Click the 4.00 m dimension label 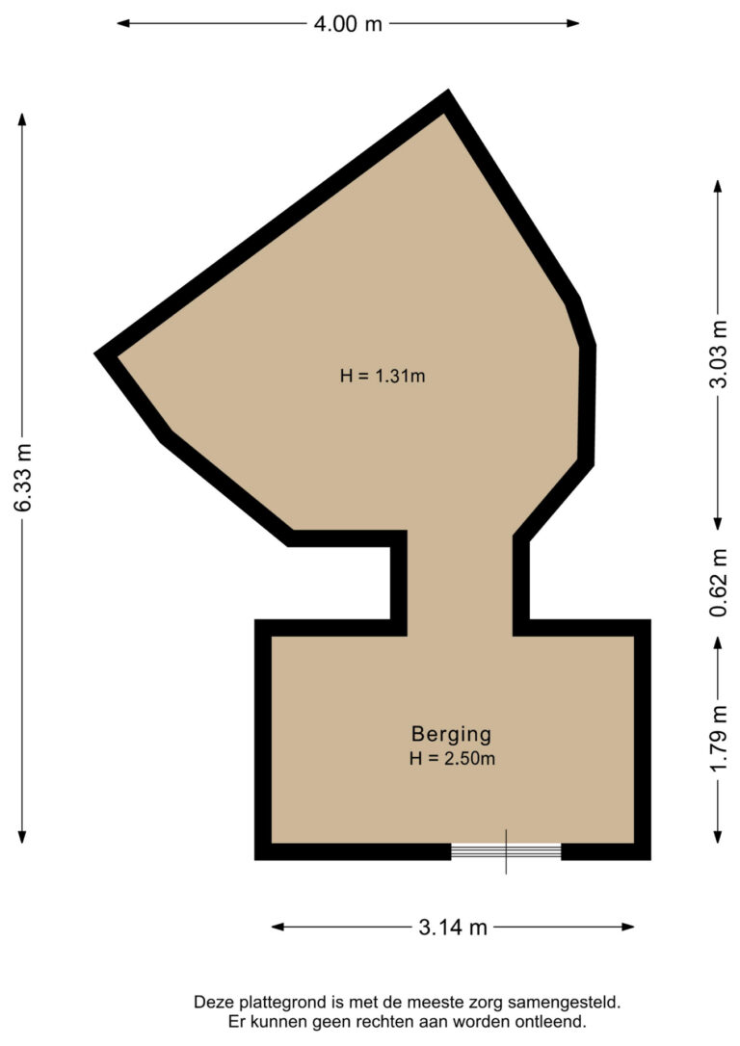(348, 24)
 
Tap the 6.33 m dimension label (24, 478)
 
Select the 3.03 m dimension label (718, 353)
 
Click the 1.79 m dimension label (718, 739)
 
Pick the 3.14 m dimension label (453, 928)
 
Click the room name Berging (451, 734)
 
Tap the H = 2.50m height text (451, 759)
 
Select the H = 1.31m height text (383, 377)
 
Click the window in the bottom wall (506, 851)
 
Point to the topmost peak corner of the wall (448, 94)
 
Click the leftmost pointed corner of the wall (97, 354)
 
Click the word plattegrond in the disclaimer (268, 1003)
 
